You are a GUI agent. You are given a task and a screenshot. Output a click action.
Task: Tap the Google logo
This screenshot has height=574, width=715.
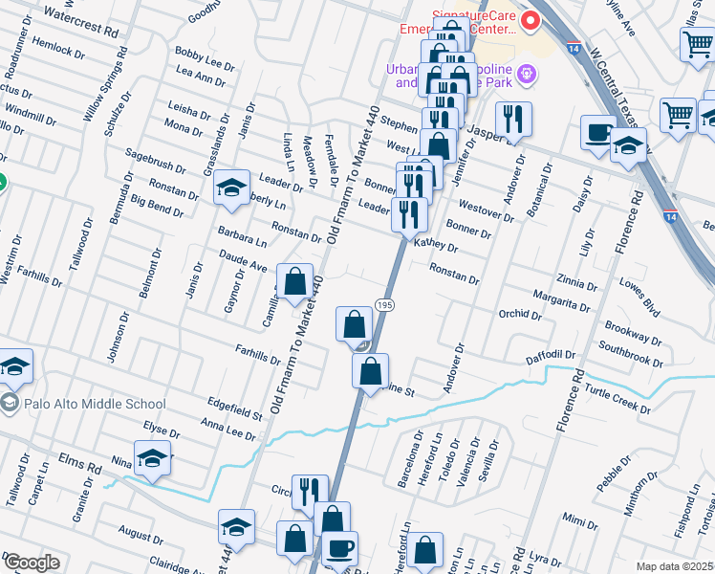coord(32,563)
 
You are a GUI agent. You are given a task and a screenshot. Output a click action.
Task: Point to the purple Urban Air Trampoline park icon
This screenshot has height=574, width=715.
coord(525,74)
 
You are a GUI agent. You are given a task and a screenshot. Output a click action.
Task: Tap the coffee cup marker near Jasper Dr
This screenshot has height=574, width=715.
coord(599,134)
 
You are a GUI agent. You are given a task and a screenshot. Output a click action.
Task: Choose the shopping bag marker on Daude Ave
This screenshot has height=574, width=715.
coord(294,282)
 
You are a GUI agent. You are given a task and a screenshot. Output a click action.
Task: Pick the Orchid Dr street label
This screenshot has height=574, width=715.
coord(521,314)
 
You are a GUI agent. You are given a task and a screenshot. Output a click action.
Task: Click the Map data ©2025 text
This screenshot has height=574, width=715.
coord(674,566)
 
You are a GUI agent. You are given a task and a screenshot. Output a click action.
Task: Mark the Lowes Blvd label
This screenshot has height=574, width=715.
coord(639,295)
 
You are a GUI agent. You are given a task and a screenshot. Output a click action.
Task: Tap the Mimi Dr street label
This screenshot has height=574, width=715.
coord(574,520)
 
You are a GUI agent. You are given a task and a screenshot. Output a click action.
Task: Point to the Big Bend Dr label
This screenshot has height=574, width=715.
coord(156,204)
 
